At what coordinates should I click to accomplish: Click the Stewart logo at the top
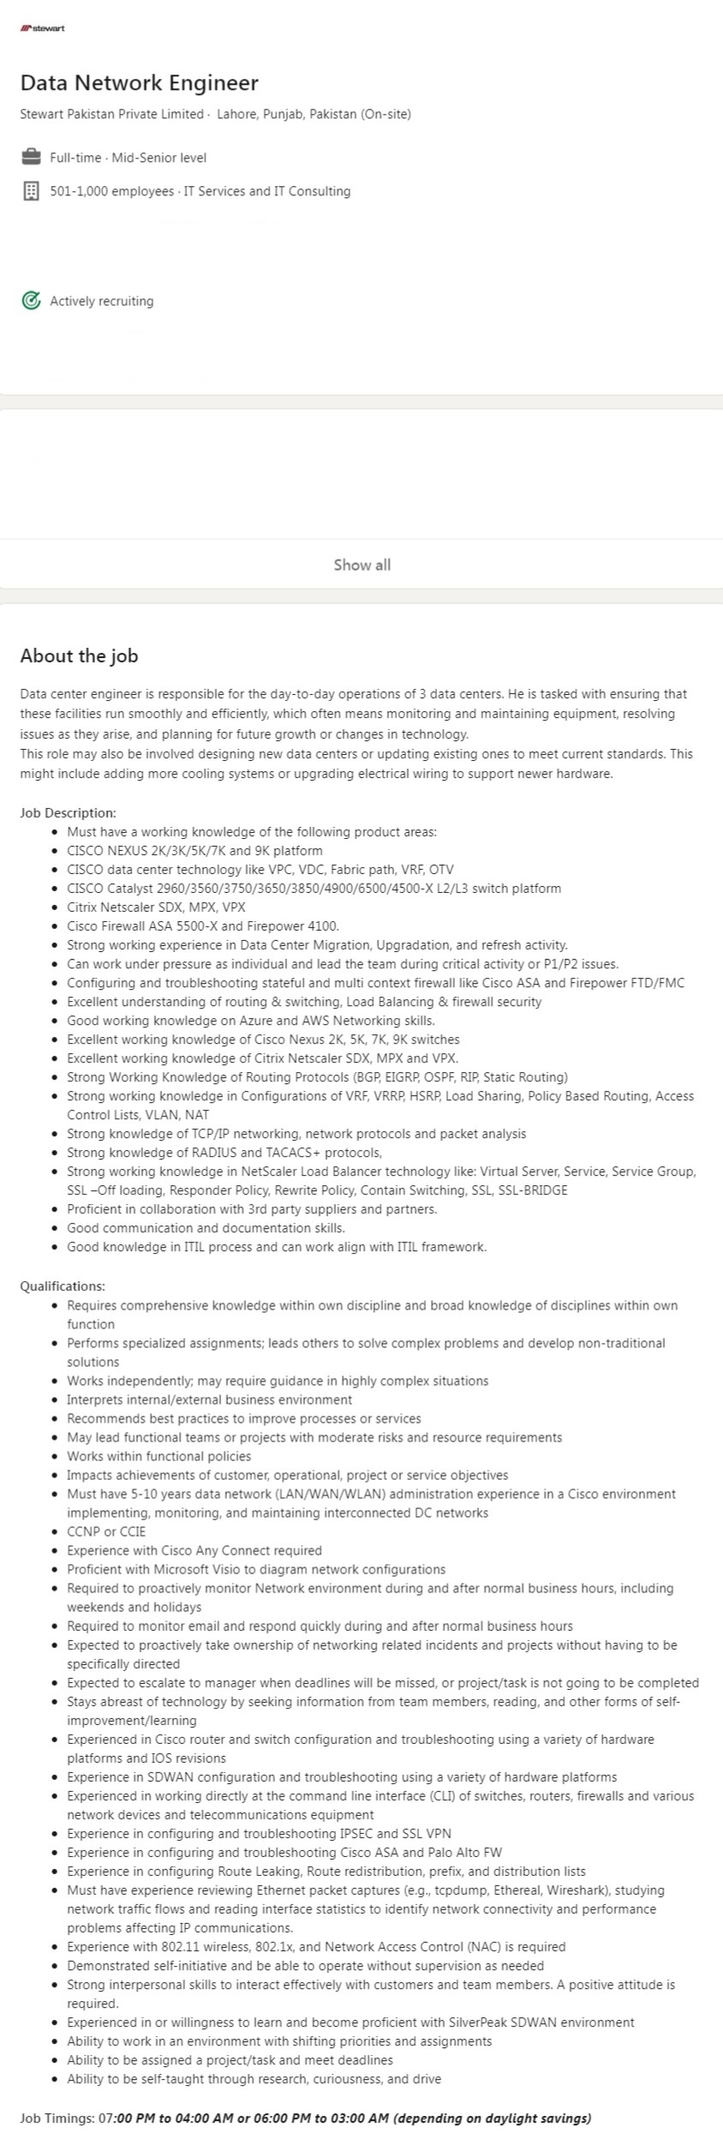43,28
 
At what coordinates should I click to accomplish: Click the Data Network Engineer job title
139,82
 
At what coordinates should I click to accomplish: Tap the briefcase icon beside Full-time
31,157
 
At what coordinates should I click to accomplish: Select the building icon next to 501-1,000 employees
31,191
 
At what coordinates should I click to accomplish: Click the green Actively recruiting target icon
31,301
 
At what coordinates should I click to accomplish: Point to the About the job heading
79,656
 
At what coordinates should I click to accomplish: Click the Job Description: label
68,812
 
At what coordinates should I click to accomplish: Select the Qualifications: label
63,1285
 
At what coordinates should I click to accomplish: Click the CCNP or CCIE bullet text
106,1531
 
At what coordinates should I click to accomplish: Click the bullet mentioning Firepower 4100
203,926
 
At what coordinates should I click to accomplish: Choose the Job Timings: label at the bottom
57,2118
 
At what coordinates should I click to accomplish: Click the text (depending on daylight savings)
492,2118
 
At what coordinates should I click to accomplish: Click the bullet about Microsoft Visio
256,1569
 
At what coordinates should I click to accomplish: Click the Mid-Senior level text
158,158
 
